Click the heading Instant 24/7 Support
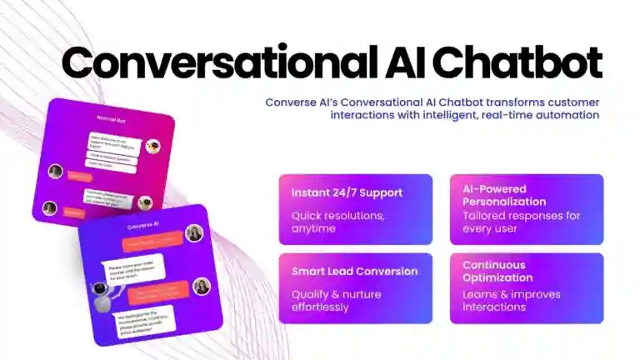[347, 192]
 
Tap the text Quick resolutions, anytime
[326, 222]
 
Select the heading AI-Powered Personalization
[505, 195]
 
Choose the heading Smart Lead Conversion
[354, 272]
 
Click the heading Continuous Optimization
[498, 272]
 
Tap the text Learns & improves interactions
[512, 300]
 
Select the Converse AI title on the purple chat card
[142, 226]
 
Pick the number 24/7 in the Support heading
[346, 192]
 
